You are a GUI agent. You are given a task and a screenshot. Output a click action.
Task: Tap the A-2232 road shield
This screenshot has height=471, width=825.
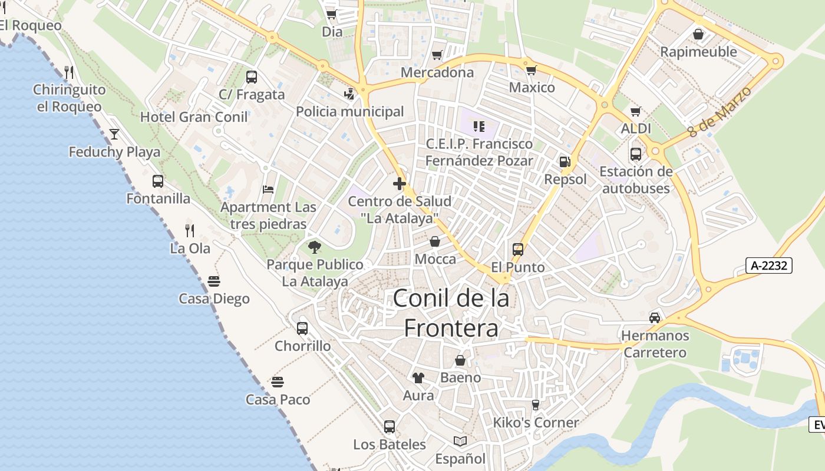769,266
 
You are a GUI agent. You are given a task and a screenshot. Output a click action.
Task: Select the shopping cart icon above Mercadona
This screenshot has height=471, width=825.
437,55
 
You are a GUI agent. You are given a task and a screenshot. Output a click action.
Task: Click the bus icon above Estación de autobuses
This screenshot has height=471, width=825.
635,154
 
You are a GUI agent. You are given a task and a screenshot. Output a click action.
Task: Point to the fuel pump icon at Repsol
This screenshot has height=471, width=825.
565,162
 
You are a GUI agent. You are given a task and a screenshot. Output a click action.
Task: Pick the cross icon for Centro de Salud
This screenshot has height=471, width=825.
400,184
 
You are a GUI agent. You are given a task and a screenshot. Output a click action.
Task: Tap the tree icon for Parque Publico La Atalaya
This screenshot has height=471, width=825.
315,247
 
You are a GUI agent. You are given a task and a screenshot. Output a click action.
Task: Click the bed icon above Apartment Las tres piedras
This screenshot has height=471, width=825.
268,190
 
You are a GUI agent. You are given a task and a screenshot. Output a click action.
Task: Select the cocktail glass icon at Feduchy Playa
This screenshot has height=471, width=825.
114,134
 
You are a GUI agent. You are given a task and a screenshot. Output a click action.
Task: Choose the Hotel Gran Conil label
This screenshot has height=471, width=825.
194,117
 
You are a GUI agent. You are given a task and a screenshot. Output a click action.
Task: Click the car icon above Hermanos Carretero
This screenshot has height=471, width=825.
654,318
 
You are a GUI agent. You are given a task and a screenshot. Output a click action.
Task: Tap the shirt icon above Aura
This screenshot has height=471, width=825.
418,378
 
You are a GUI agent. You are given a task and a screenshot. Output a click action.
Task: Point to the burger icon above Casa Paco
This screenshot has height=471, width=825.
278,382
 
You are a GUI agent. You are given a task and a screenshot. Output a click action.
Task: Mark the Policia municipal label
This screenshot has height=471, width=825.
350,111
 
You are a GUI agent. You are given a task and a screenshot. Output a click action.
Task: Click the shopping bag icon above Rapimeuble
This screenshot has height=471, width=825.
698,35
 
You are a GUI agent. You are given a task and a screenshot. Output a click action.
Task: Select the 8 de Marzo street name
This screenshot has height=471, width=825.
720,111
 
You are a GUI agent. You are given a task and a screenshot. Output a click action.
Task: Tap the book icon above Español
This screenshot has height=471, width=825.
460,441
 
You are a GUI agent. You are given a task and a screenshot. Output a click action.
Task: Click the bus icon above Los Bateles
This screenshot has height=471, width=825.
390,427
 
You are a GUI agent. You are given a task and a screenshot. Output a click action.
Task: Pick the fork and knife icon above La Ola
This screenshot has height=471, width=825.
190,230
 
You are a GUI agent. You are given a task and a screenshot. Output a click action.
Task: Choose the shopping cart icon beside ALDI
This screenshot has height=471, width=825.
635,111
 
